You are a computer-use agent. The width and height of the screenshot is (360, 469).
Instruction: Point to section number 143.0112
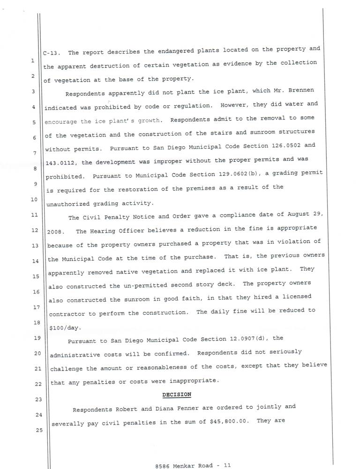61,160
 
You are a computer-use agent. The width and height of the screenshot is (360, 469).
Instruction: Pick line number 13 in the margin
34,245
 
